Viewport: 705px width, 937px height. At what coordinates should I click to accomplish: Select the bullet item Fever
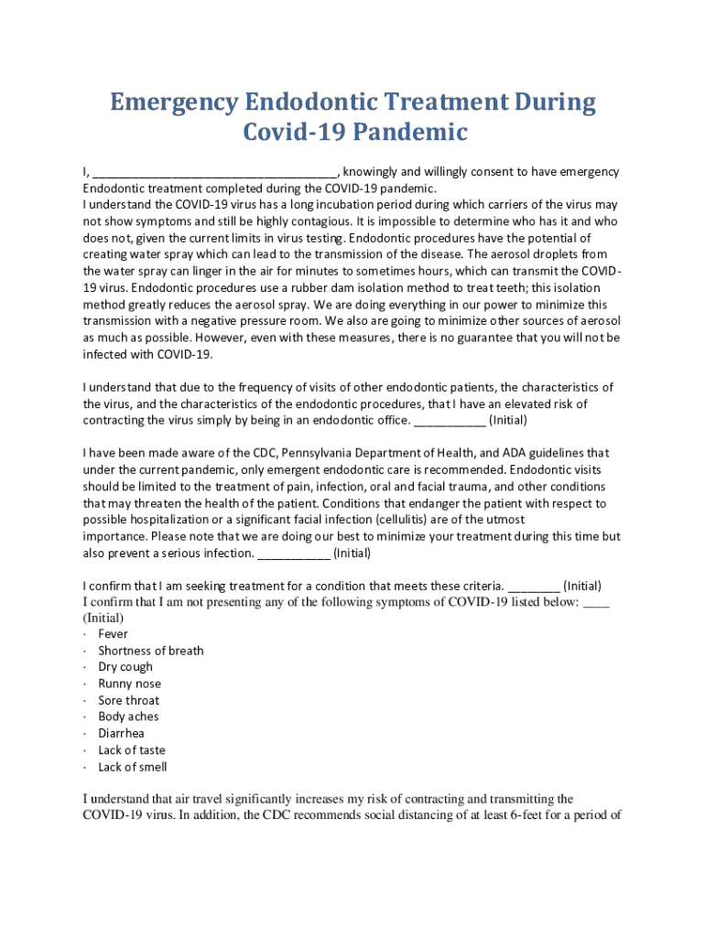pos(114,633)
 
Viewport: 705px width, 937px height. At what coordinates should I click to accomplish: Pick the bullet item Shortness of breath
pos(151,651)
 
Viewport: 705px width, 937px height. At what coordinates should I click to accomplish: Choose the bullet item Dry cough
pos(125,667)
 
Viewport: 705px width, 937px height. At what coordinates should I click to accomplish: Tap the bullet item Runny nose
pos(129,684)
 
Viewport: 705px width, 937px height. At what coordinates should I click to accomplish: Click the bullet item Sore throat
pos(129,700)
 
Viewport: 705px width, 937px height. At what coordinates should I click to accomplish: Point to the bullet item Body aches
pos(128,716)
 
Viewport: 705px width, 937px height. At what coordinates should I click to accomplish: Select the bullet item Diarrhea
pos(121,733)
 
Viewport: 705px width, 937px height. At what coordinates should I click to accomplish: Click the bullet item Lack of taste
pos(132,750)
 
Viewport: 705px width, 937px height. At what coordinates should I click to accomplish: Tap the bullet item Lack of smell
pos(133,767)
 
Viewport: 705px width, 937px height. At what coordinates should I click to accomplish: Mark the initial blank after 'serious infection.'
pos(294,554)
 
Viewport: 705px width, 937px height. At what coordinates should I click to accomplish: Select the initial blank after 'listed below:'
pos(596,602)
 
